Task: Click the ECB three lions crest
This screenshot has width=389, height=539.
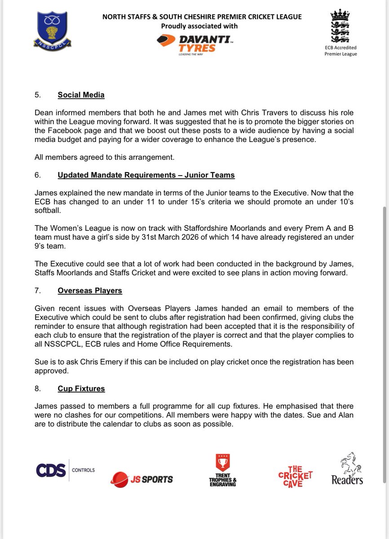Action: pos(340,27)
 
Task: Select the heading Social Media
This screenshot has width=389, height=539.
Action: pos(81,95)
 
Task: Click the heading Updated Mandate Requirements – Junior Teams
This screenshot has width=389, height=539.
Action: pos(146,175)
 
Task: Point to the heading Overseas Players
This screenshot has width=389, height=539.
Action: pos(90,291)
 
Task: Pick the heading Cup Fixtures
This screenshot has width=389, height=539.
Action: pos(81,388)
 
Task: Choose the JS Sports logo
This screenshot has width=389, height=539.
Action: pos(141,479)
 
